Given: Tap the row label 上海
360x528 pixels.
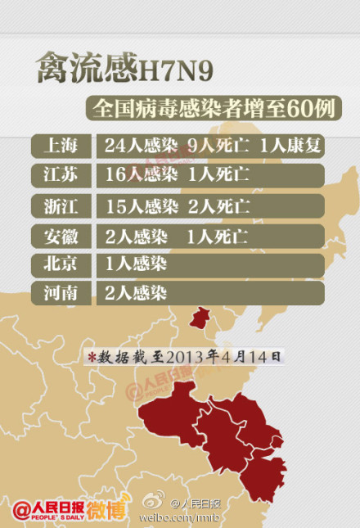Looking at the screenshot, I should coord(61,147).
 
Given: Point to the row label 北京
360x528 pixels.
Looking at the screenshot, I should coord(61,264).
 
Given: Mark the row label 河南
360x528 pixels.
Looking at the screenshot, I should coord(61,293).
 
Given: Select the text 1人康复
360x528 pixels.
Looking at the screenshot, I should coord(290,147).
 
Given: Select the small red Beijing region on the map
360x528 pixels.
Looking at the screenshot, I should coord(199,318).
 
